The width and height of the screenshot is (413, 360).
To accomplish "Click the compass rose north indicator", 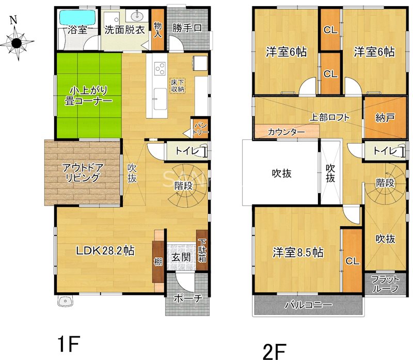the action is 13,20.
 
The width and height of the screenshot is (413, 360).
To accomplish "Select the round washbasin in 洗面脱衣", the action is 137,17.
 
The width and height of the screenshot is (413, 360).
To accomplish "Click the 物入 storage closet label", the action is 157,29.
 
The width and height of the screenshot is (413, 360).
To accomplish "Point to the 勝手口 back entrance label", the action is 187,28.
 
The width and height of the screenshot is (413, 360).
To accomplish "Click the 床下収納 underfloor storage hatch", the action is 178,86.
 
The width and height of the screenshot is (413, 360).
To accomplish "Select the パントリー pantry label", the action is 201,128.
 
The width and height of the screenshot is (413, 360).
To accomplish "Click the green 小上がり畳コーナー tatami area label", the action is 88,96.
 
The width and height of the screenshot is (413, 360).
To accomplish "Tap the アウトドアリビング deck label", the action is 83,173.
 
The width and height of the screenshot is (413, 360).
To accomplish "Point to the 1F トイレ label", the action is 187,151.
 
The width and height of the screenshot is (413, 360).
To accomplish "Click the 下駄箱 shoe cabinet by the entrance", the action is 202,250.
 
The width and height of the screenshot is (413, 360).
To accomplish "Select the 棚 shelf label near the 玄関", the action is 158,262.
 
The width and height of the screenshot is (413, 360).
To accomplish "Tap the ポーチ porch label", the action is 188,299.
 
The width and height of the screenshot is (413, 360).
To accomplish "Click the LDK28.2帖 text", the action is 105,251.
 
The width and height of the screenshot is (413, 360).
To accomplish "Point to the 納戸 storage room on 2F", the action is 385,118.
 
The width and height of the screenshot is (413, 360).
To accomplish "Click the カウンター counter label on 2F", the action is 286,132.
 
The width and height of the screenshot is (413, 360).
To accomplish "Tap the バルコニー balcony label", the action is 308,305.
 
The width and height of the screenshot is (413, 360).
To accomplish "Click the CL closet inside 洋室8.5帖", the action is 352,261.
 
